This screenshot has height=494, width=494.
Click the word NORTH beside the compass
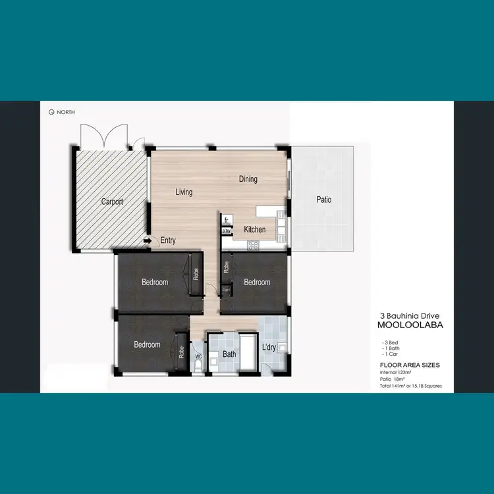[x=66, y=112]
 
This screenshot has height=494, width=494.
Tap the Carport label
[x=112, y=202]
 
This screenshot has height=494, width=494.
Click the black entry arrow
[x=147, y=241]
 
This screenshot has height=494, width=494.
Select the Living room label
[x=184, y=192]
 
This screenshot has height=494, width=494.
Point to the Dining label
[x=248, y=179]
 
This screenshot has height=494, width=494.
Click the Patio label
[x=323, y=200]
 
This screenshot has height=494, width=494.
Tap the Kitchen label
[x=255, y=229]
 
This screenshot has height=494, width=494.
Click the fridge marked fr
[x=226, y=219]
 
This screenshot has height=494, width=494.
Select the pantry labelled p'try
[x=226, y=231]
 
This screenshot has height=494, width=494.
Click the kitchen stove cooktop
[x=252, y=245]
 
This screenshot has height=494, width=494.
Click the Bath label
[x=229, y=354]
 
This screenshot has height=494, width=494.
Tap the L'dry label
[x=269, y=346]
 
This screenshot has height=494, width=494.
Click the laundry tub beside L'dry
[x=282, y=346]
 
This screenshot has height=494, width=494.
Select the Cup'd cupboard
[x=226, y=289]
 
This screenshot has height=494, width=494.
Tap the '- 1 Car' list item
[x=391, y=354]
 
